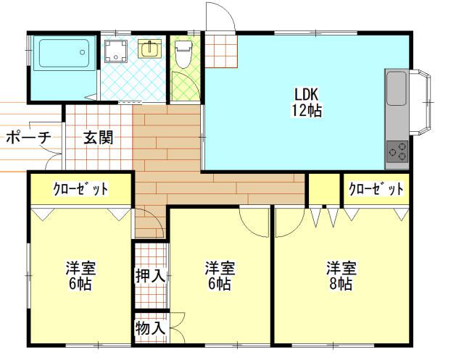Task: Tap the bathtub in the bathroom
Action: [x=63, y=54]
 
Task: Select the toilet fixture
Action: [x=183, y=54]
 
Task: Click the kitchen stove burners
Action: [x=397, y=151]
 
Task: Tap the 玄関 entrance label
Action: [x=97, y=137]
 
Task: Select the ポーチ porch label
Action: [x=28, y=137]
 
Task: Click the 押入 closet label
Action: [x=151, y=275]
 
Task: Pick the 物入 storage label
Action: [x=151, y=328]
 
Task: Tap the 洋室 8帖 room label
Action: [x=339, y=275]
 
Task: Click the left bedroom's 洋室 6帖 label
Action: [x=79, y=275]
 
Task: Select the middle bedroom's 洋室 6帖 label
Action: [x=218, y=275]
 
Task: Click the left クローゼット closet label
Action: [x=80, y=190]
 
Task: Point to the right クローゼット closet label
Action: [x=375, y=190]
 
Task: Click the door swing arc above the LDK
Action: [x=219, y=16]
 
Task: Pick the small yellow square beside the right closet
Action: [x=323, y=190]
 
